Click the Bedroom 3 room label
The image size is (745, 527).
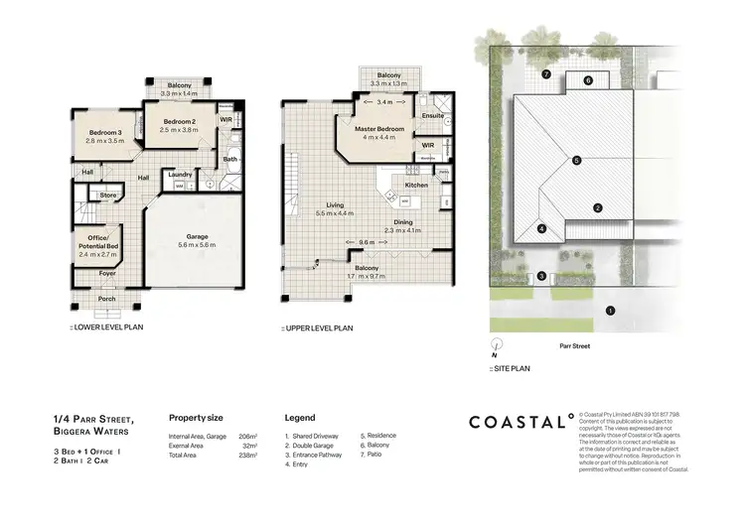[104, 132]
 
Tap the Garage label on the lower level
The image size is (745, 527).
[197, 237]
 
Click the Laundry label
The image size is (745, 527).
[194, 174]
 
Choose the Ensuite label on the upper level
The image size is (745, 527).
[433, 115]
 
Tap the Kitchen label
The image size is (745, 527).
[416, 186]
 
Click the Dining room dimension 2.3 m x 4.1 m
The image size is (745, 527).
[402, 230]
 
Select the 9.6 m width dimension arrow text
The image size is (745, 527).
[367, 243]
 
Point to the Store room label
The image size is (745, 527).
[108, 196]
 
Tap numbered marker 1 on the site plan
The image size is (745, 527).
[610, 311]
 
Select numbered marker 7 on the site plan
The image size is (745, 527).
[545, 74]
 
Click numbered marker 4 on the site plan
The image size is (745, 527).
[541, 229]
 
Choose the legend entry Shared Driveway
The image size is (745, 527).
[312, 436]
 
